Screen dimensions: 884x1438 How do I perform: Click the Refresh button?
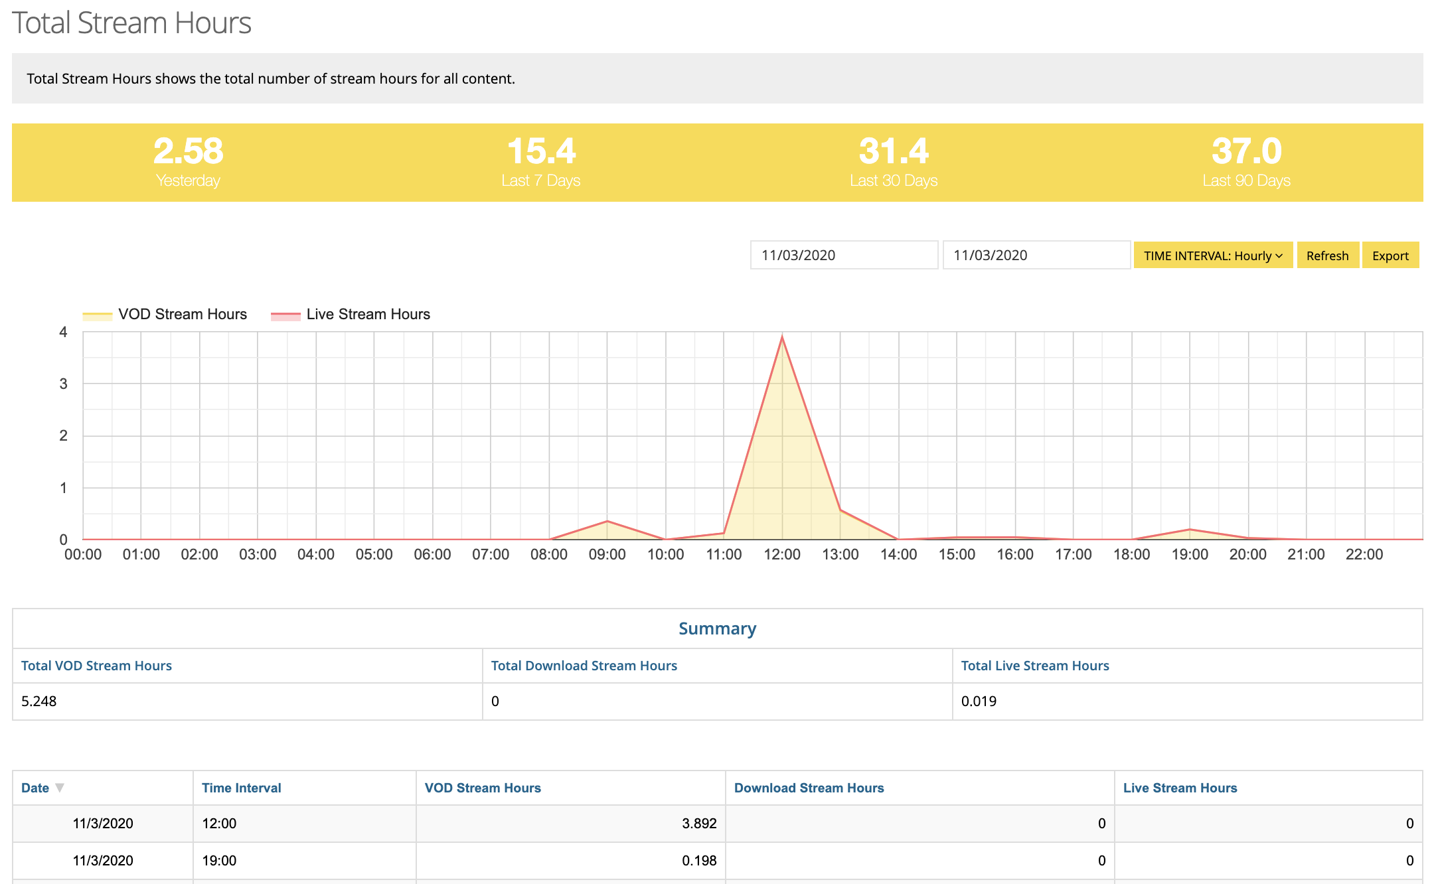tap(1327, 256)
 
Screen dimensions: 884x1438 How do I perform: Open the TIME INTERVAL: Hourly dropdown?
tap(1212, 256)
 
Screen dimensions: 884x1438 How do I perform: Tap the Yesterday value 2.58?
tap(189, 151)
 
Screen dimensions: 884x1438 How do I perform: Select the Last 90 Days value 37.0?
tap(1246, 151)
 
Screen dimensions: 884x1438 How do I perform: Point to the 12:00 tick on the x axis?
tap(782, 555)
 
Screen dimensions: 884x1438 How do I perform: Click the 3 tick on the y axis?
tap(64, 384)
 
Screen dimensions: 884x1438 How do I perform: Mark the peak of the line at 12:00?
tap(782, 337)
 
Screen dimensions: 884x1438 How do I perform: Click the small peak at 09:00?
tap(607, 521)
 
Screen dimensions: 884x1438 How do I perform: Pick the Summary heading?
tap(717, 628)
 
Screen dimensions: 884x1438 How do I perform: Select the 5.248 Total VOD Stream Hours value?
tap(39, 701)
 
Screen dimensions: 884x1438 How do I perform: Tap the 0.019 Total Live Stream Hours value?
tap(979, 701)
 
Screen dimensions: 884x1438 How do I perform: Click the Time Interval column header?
tap(242, 788)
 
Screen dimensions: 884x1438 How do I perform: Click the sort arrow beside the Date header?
tap(60, 788)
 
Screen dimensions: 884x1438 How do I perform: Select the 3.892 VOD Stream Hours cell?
tap(699, 824)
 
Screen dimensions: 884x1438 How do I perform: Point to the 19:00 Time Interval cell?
tap(219, 861)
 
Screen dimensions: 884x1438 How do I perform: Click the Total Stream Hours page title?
tap(131, 23)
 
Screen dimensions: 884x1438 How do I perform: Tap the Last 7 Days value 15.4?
tap(541, 151)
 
